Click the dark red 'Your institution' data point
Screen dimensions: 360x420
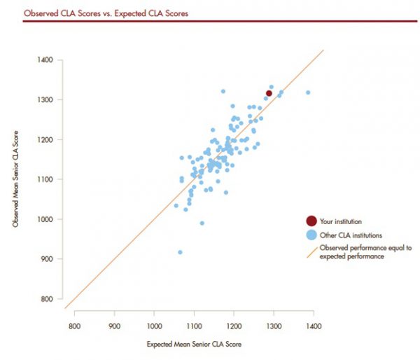269,93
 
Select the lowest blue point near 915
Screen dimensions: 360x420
181,252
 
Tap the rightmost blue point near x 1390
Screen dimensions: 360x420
307,92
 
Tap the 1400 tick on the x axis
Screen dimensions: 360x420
314,326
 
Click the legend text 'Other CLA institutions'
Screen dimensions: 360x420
351,235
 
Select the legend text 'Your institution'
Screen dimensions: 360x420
340,221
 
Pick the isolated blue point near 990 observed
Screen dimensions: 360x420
202,223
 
